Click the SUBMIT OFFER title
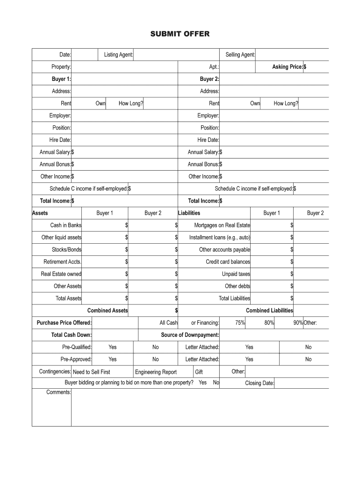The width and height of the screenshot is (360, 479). [x=180, y=34]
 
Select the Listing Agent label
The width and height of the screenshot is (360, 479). [x=118, y=55]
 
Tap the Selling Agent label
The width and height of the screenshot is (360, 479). [x=240, y=55]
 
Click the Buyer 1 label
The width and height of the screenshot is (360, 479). [x=61, y=79]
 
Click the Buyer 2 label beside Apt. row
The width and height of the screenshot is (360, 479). [x=209, y=79]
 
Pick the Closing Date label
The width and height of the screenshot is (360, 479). [x=259, y=384]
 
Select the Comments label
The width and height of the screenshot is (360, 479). [x=58, y=392]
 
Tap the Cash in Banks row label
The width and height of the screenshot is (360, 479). [x=66, y=225]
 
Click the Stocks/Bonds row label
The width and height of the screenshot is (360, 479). [x=66, y=250]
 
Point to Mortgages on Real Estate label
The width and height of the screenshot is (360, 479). [x=222, y=225]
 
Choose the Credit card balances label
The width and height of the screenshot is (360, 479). [x=228, y=262]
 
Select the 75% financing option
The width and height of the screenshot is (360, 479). [x=240, y=323]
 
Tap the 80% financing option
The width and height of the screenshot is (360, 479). [x=269, y=323]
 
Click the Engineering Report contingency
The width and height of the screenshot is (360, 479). [x=156, y=372]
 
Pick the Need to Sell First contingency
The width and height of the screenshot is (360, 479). [x=92, y=372]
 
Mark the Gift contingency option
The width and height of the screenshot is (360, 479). [x=199, y=372]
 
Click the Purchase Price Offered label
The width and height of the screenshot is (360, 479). [x=64, y=323]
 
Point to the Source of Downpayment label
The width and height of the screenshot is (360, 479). [x=190, y=335]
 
